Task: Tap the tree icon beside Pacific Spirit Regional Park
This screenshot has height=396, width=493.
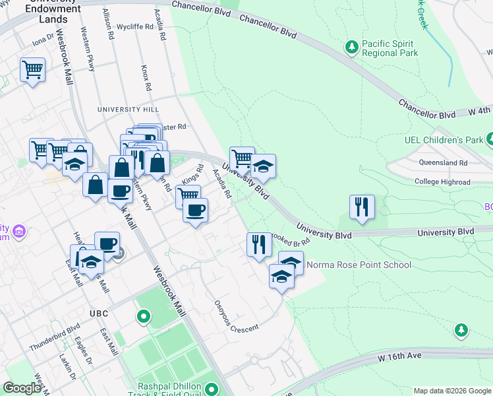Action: [352, 46]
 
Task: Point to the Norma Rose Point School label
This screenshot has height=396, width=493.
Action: [359, 265]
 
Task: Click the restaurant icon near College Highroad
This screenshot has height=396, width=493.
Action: [362, 206]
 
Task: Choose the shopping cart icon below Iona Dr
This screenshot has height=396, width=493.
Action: [32, 69]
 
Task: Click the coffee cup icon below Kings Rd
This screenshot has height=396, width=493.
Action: [195, 210]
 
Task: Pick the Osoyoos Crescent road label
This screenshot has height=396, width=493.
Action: [227, 317]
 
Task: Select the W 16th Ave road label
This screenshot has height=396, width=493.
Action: [399, 356]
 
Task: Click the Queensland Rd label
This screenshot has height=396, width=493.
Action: [443, 162]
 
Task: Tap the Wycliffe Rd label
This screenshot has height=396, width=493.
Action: [134, 28]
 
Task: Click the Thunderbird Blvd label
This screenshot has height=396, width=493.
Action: [54, 337]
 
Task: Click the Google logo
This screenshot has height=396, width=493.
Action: [21, 388]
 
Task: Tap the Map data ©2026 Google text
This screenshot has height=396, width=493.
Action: [451, 390]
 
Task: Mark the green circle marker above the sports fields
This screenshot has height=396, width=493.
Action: [144, 317]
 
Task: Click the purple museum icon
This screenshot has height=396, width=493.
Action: [19, 232]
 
